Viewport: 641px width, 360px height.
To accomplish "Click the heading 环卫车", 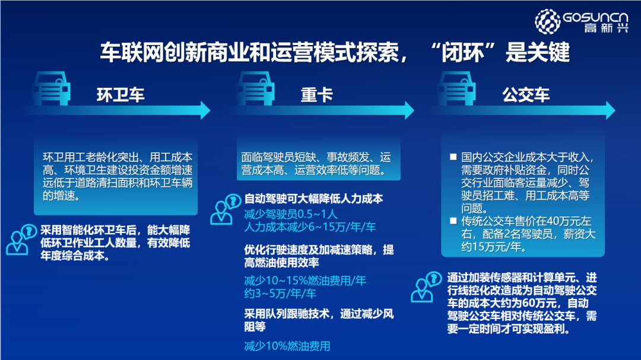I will click(x=120, y=95).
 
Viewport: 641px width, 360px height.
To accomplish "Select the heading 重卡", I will click(x=316, y=95).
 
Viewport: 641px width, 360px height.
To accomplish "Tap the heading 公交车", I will click(x=526, y=95).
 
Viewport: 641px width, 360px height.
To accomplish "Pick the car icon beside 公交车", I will click(x=456, y=87).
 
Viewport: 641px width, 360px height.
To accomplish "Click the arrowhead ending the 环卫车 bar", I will click(x=205, y=110).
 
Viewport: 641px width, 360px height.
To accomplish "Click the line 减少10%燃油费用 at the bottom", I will click(x=287, y=346).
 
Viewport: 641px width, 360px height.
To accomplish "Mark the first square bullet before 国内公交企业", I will click(x=453, y=158).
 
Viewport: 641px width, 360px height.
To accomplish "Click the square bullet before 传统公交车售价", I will click(x=453, y=222).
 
